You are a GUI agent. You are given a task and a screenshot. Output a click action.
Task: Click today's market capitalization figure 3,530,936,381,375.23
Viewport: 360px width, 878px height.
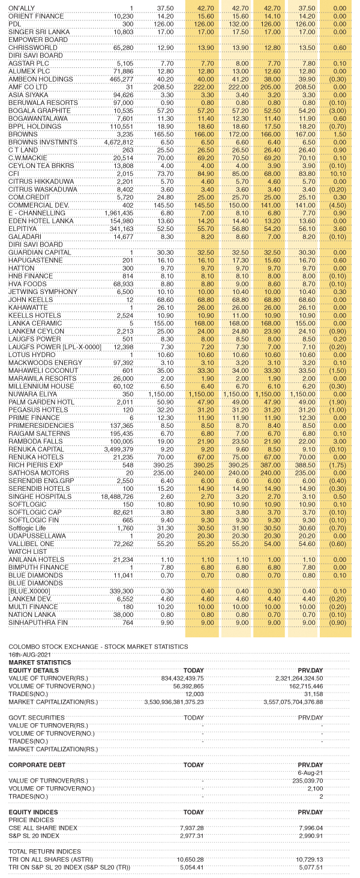click(174, 701)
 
